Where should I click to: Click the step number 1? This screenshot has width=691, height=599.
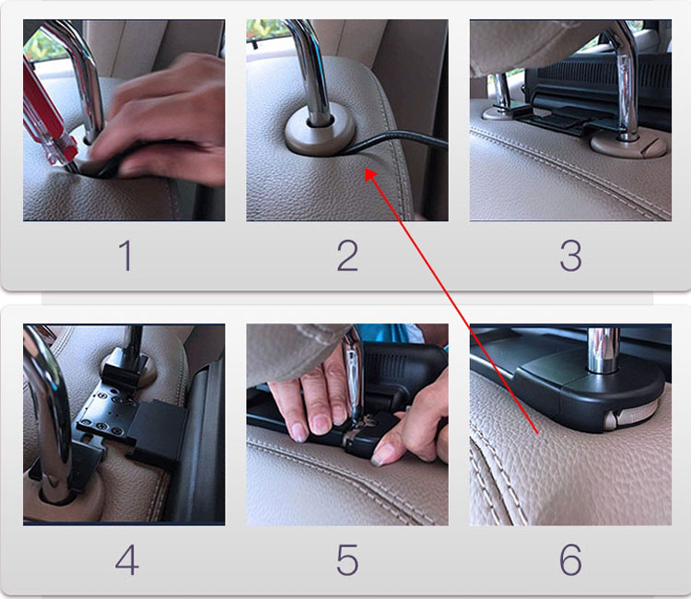126,255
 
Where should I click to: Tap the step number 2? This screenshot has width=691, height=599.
347,255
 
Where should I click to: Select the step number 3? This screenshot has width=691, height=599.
570,255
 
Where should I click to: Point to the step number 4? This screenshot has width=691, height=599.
127,559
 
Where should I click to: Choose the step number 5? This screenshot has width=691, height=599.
347,559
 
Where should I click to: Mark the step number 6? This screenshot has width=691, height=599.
570,559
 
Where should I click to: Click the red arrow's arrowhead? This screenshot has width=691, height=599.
370,175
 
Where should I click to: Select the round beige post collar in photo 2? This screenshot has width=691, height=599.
320,132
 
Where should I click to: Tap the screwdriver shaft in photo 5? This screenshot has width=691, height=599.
353,375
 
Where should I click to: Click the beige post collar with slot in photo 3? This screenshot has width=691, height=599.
628,146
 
